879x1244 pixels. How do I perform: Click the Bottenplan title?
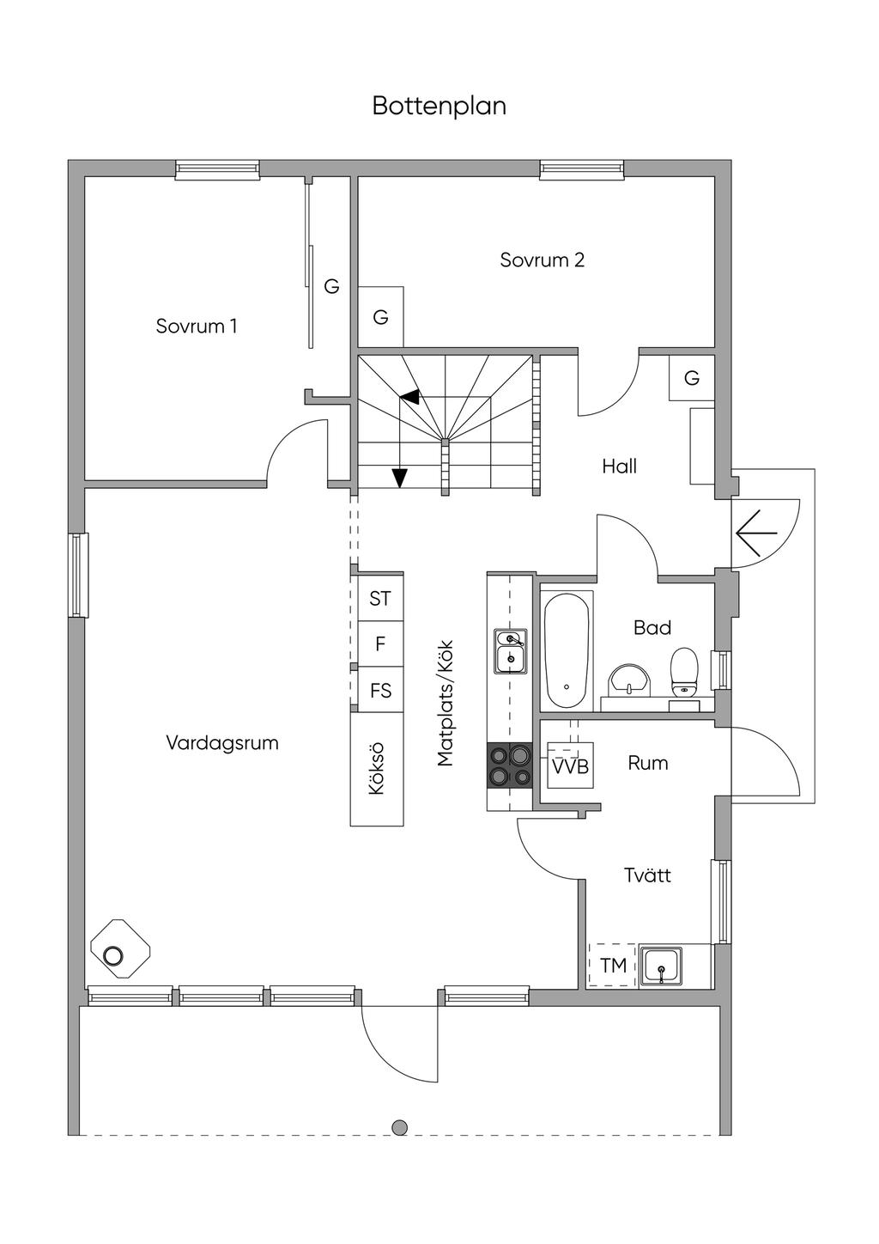pos(439,106)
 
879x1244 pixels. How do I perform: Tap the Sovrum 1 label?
pos(197,326)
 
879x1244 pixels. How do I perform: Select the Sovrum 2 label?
pos(543,260)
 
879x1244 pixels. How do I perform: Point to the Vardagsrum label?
pos(222,743)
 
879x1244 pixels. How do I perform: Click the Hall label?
pos(619,466)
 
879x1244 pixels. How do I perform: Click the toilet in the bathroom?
pos(684,673)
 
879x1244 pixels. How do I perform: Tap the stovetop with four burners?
pos(509,765)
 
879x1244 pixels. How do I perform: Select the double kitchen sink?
pos(511,651)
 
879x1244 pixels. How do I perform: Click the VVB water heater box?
pos(571,765)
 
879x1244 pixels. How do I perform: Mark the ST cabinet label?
pos(380,598)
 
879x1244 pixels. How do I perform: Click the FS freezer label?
pos(380,691)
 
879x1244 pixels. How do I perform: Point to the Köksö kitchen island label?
pos(377,768)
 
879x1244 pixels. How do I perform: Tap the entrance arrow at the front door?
pos(756,534)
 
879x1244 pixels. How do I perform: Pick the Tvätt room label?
pos(647,875)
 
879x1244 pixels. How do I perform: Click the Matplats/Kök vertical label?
pos(446,704)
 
